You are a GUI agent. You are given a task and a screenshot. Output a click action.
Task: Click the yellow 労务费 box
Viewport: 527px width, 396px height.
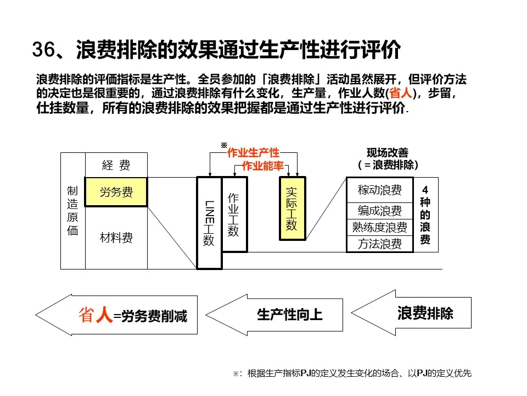(x=116, y=192)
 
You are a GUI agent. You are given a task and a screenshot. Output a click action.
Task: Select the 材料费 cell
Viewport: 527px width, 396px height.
(x=116, y=238)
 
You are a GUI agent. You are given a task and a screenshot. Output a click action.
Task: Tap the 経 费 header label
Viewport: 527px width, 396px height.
(x=116, y=165)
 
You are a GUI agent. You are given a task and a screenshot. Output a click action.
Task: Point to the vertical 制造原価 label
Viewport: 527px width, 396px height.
(x=72, y=211)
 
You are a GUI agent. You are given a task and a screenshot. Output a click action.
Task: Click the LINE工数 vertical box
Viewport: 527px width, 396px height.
(x=209, y=223)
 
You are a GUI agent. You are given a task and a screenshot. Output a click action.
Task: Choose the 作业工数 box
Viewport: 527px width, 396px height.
(x=234, y=215)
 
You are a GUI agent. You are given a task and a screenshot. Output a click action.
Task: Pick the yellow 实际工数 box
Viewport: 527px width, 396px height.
(x=292, y=208)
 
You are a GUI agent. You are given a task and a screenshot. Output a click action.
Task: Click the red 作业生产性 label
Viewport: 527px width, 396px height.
(x=253, y=152)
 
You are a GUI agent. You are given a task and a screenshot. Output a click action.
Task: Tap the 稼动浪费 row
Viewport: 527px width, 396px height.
(x=379, y=190)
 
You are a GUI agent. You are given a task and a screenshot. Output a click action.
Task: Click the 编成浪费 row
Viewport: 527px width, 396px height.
(x=379, y=211)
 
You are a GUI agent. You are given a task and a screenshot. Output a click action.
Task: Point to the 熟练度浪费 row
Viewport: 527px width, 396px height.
(x=379, y=227)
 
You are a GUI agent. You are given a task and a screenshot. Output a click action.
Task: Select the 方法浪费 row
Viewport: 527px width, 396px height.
(x=379, y=244)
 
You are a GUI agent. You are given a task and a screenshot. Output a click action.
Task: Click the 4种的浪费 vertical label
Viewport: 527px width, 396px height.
(x=425, y=215)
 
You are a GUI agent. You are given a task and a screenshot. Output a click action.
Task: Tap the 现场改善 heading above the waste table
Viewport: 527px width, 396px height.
(x=388, y=153)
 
